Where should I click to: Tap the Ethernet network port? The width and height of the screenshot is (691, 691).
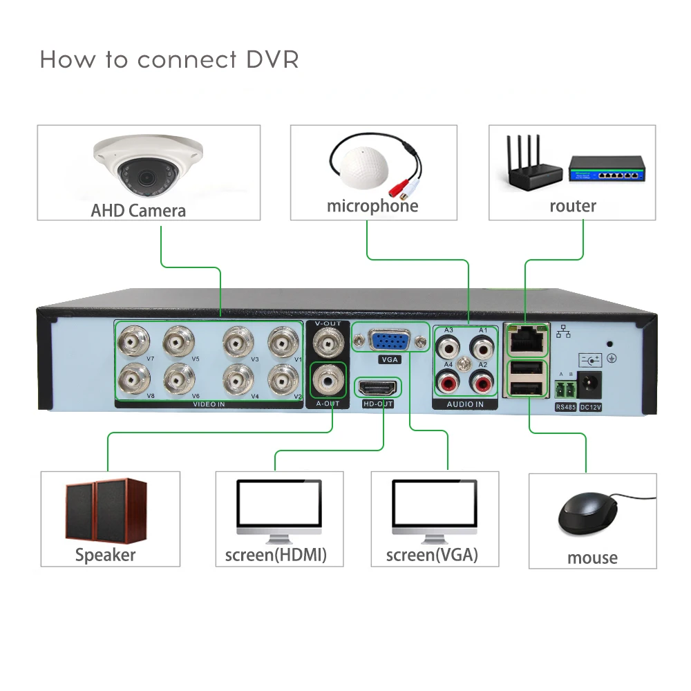point(527,338)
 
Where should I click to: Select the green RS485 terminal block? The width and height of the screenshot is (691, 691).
point(565,389)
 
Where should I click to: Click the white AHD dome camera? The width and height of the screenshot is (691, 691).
point(148,168)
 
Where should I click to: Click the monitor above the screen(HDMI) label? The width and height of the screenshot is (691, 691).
point(279,509)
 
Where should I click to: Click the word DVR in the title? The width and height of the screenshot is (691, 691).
point(272,59)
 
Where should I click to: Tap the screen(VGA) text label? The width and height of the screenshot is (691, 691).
point(432,555)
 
